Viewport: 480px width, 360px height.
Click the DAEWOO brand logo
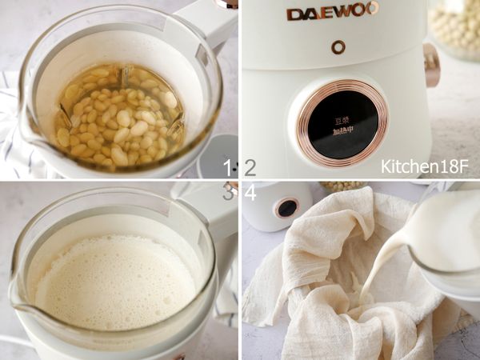click(x=332, y=13)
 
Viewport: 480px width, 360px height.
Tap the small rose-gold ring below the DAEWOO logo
click(x=339, y=47)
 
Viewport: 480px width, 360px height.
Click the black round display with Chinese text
click(x=342, y=123)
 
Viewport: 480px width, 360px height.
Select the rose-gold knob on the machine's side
click(x=432, y=66)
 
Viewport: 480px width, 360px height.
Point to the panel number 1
click(x=228, y=167)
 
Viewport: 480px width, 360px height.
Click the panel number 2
click(x=250, y=167)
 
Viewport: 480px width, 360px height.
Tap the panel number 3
click(x=228, y=192)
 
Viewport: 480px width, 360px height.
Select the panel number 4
click(x=250, y=192)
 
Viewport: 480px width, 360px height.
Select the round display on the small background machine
click(x=287, y=208)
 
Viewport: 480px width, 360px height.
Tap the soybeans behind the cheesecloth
click(x=344, y=186)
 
